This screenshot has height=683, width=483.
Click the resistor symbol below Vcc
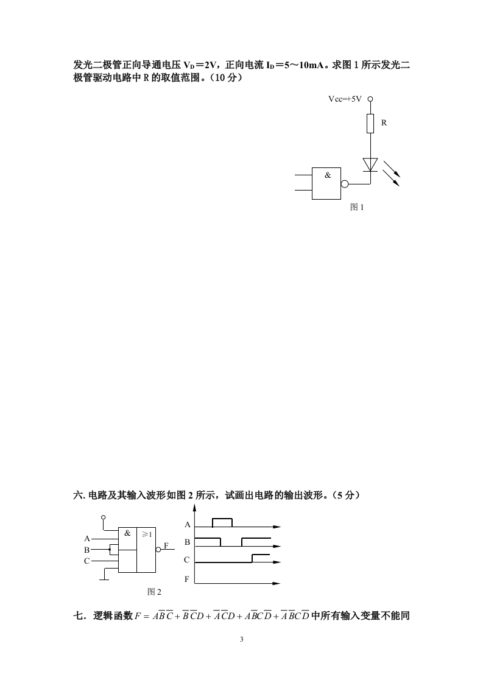(x=370, y=124)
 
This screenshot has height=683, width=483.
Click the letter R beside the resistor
(x=384, y=122)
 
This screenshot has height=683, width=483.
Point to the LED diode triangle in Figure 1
(x=370, y=164)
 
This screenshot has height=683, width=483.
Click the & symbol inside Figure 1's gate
(x=328, y=175)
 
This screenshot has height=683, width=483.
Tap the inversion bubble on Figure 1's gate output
(x=345, y=183)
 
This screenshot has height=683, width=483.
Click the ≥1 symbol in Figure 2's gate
(x=146, y=534)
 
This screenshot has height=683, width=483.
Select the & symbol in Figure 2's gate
(x=127, y=533)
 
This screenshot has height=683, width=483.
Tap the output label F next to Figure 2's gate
(x=166, y=545)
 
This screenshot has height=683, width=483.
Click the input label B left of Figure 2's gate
(x=86, y=549)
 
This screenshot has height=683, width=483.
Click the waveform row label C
(x=187, y=559)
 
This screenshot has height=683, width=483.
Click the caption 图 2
(x=154, y=591)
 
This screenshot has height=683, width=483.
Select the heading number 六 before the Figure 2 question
(x=77, y=496)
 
